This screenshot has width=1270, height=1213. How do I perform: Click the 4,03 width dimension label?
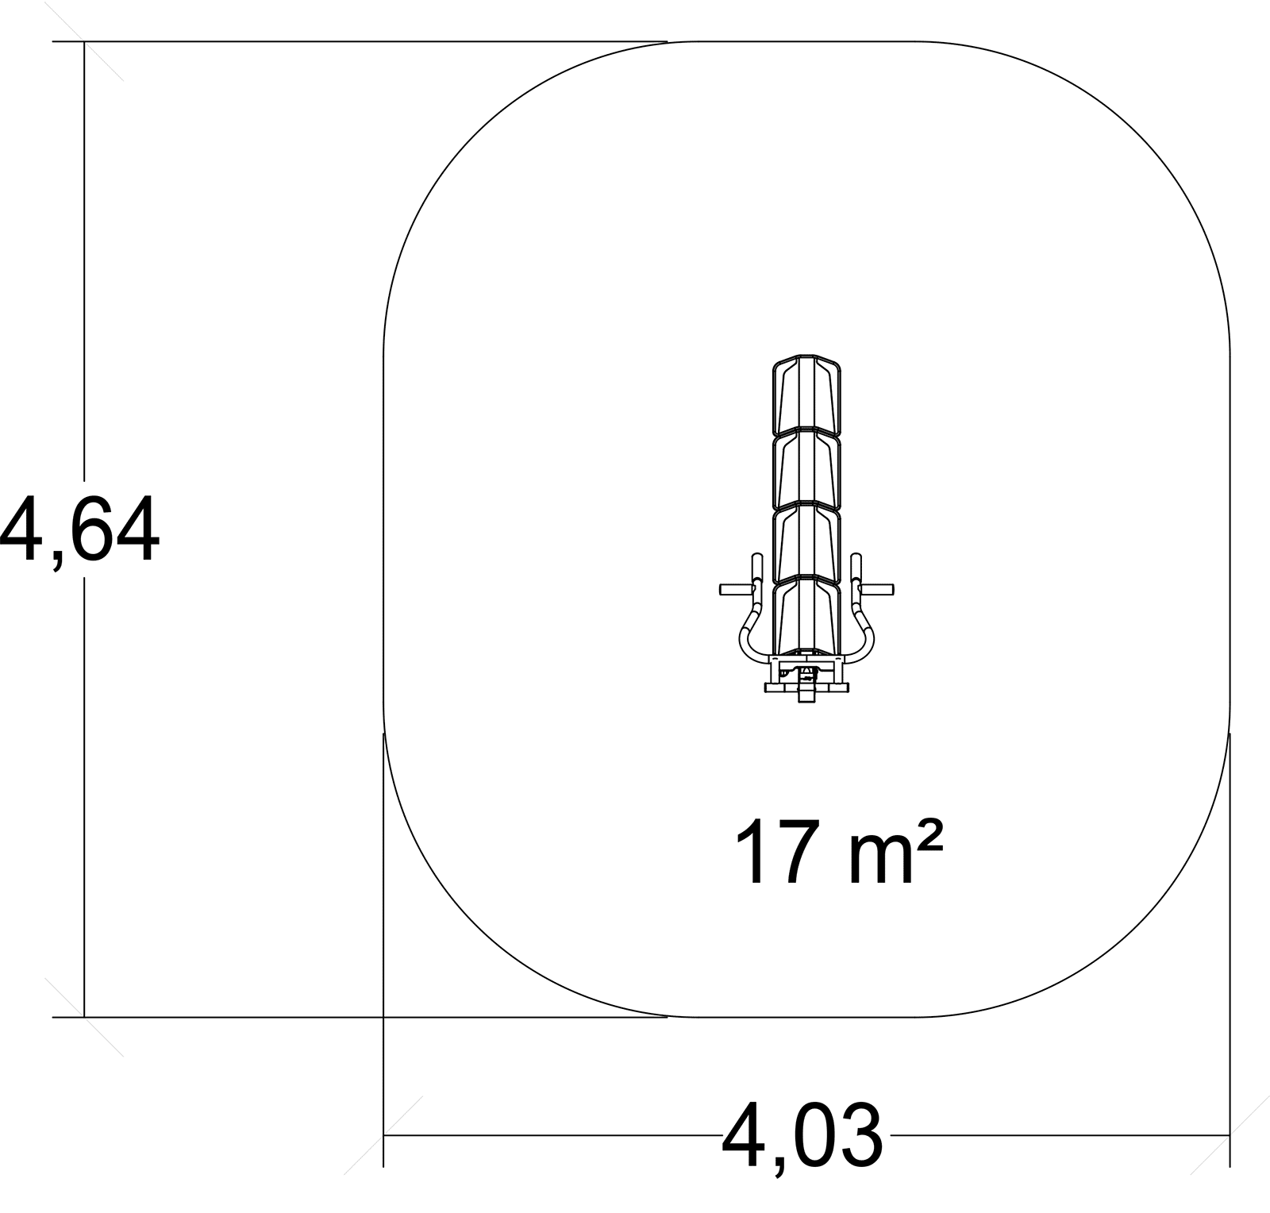click(x=802, y=1136)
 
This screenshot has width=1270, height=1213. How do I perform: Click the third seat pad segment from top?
click(x=806, y=545)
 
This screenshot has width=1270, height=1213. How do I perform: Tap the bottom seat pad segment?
click(x=806, y=618)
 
